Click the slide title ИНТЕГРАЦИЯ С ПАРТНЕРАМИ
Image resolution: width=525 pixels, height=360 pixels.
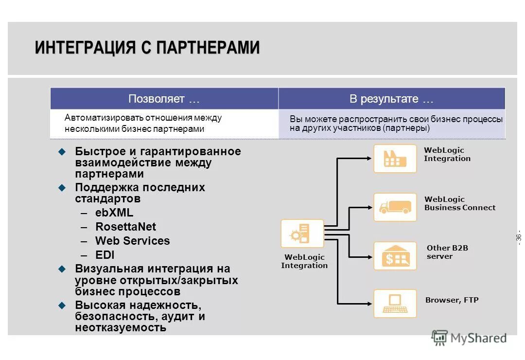[x=147, y=48]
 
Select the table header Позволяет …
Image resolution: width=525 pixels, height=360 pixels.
[x=164, y=99]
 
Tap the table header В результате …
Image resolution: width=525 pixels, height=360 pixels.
[x=391, y=99]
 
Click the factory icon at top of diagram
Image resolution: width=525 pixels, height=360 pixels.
[x=395, y=159]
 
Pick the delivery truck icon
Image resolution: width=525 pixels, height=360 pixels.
[x=395, y=207]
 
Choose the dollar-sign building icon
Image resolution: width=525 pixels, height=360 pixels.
[x=395, y=256]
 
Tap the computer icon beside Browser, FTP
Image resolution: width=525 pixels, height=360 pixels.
[x=395, y=304]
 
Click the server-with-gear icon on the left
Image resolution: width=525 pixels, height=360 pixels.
[x=302, y=234]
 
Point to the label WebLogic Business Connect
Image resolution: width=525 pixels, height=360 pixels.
[x=459, y=203]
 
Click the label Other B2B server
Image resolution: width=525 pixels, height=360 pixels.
[x=447, y=252]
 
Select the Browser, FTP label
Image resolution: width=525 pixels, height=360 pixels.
[x=452, y=300]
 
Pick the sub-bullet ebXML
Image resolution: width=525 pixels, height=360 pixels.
[x=114, y=213]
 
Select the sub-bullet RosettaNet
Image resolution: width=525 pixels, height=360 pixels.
[x=125, y=227]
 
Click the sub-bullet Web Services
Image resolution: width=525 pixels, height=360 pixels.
[x=132, y=241]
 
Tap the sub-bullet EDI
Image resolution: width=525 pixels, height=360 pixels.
[x=105, y=255]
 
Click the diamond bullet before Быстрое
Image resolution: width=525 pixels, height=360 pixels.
[x=62, y=152]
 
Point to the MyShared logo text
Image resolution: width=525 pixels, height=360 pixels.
[x=478, y=338]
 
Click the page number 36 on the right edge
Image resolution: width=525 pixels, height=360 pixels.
[x=518, y=238]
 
